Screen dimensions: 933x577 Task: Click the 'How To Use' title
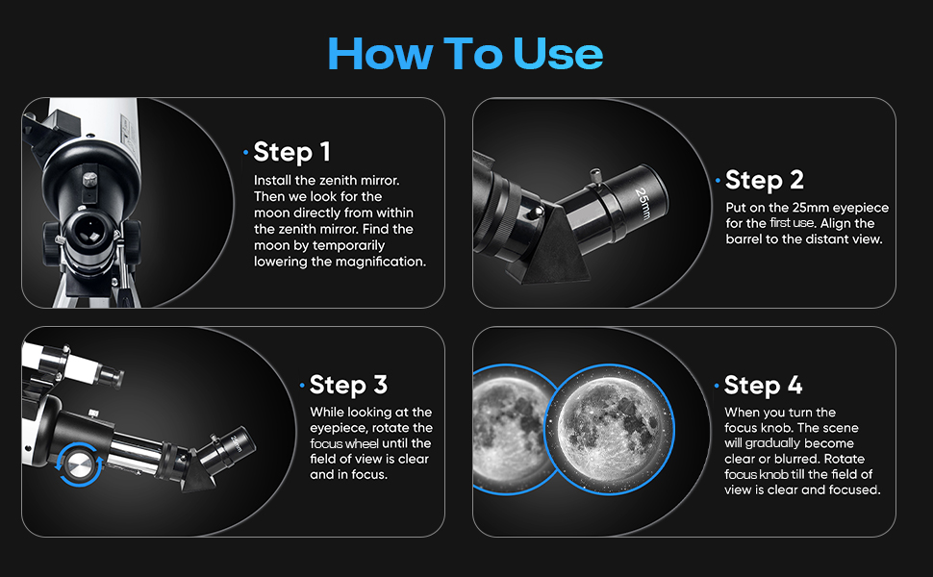click(466, 54)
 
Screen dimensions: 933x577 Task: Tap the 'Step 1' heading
click(291, 152)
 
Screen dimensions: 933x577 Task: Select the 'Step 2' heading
click(765, 180)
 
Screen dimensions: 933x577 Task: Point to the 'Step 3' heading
click(349, 385)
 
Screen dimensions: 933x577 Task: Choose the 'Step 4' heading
click(764, 386)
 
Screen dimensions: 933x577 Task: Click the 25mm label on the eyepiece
click(643, 203)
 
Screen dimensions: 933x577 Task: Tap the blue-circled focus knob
click(79, 464)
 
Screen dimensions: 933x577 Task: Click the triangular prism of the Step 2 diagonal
click(555, 244)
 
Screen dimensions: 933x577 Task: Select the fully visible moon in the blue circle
click(609, 430)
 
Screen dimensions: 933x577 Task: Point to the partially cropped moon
click(510, 430)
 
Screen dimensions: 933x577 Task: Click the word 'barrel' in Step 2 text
click(744, 239)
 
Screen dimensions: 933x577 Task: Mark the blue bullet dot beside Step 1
click(245, 153)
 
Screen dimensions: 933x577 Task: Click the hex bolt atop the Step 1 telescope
click(89, 179)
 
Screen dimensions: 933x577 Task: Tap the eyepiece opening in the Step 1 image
click(88, 231)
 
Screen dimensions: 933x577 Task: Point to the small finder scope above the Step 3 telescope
click(72, 364)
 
